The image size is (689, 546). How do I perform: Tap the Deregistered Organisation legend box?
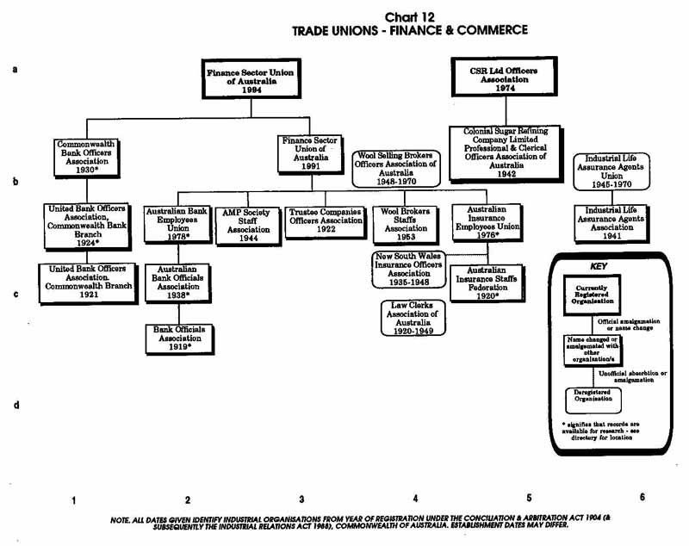[x=593, y=398]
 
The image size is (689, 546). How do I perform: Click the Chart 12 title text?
[x=409, y=16]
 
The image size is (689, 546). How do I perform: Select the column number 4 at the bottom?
[x=415, y=499]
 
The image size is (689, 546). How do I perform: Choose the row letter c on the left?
[x=17, y=294]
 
